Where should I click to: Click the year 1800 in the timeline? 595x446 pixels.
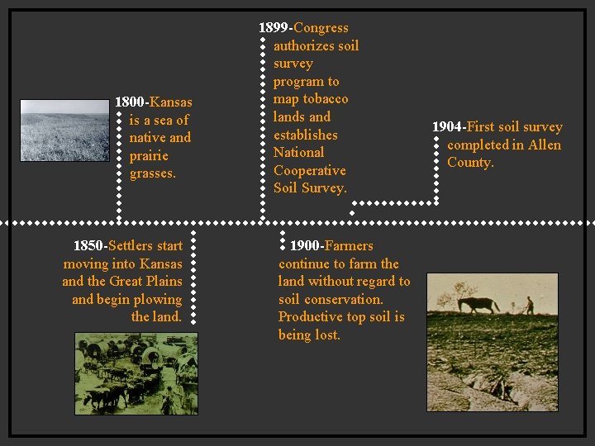[130, 102]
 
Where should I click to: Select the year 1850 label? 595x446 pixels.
[88, 246]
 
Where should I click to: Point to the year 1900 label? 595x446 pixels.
[305, 246]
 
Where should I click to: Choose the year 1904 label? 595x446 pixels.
[447, 127]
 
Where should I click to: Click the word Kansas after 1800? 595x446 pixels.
[171, 102]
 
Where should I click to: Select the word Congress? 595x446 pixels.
[321, 28]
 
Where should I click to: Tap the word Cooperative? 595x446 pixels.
[309, 170]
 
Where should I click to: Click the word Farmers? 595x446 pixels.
[349, 246]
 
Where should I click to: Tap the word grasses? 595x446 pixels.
[152, 173]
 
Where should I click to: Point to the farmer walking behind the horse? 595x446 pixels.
[530, 305]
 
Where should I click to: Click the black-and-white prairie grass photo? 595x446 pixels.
[64, 130]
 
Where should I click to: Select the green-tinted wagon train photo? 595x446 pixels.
[136, 372]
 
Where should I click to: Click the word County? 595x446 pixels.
[470, 163]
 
